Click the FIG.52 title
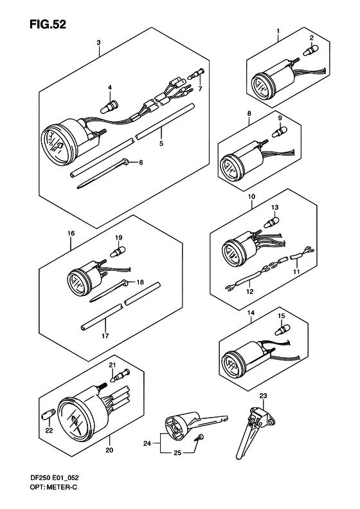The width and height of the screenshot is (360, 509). pos(48,24)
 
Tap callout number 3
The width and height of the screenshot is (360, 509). pos(98,42)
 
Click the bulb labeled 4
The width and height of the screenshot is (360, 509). pos(109,107)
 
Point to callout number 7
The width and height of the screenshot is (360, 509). pos(200,88)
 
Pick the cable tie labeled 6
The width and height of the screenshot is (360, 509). pos(103,174)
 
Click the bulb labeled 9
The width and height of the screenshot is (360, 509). pos(280,131)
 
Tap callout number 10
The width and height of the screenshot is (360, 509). pos(251,196)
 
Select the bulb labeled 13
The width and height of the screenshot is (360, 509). pos(272,223)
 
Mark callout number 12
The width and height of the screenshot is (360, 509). pos(249,292)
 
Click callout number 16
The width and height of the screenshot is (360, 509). pos(71,233)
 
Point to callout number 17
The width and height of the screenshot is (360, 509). pos(105,336)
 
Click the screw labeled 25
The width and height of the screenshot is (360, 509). pos(199,438)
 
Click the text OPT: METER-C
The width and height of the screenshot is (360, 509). pos(53,487)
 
